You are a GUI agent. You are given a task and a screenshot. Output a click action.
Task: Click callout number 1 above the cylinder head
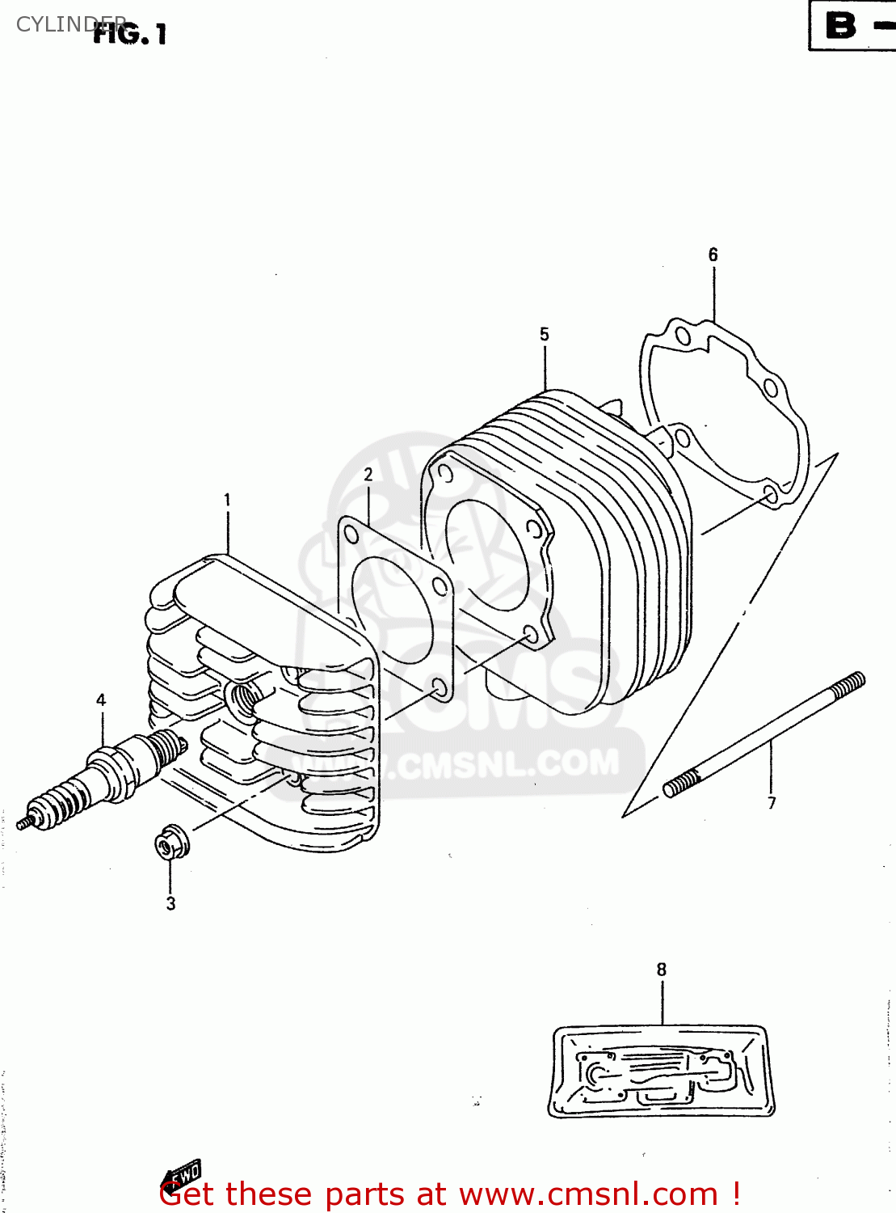pos(227,501)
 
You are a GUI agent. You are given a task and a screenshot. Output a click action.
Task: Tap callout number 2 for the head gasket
pos(368,475)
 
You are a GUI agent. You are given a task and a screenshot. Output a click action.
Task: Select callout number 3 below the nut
pos(170,903)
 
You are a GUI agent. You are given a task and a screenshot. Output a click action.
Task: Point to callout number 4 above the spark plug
pos(101,700)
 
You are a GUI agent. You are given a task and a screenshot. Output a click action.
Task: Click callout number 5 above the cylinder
pos(545,335)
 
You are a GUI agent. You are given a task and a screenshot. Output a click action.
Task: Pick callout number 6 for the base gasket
pos(713,255)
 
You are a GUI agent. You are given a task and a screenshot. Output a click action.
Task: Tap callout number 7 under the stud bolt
pos(772,803)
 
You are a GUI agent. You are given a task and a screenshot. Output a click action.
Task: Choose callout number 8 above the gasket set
pos(662,969)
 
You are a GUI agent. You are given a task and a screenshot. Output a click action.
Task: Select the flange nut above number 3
pos(171,843)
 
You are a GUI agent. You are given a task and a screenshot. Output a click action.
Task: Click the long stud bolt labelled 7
pos(763,734)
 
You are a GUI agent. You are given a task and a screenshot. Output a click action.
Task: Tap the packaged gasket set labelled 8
pos(661,1072)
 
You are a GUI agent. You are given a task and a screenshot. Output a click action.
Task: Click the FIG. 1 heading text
pos(130,34)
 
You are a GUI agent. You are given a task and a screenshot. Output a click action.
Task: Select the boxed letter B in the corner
pos(841,25)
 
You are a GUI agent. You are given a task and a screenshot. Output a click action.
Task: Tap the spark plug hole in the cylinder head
pos(242,695)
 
